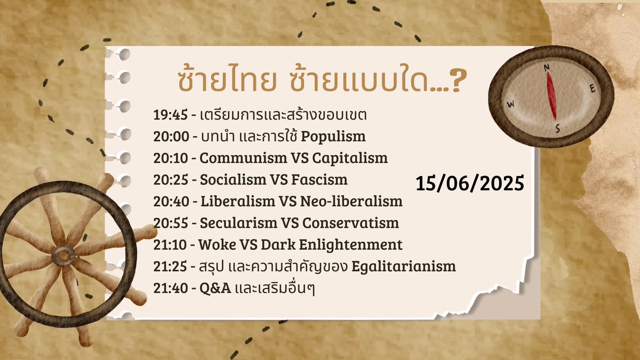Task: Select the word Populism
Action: (x=333, y=136)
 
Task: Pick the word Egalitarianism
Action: (x=404, y=267)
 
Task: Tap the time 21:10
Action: (x=167, y=245)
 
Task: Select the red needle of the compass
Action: (x=551, y=96)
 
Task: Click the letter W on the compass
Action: (x=510, y=105)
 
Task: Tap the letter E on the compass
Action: (x=592, y=90)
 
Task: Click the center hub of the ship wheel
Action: (x=63, y=255)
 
